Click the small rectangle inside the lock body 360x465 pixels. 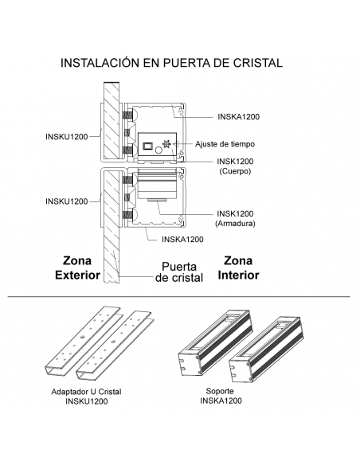point(148,145)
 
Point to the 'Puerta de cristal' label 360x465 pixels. point(176,272)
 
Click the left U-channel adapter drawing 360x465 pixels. point(81,342)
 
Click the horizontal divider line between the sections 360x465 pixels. point(180,296)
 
